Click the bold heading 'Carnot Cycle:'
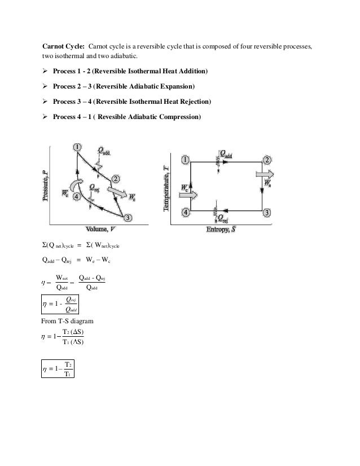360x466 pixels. [x=64, y=45]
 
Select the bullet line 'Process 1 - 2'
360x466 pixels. [x=130, y=72]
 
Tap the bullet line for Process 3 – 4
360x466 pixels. [x=132, y=102]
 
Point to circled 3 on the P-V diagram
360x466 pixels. [x=128, y=218]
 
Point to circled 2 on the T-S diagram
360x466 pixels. [x=266, y=160]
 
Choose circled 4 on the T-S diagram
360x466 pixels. [x=185, y=212]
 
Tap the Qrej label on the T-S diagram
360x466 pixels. [x=223, y=217]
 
